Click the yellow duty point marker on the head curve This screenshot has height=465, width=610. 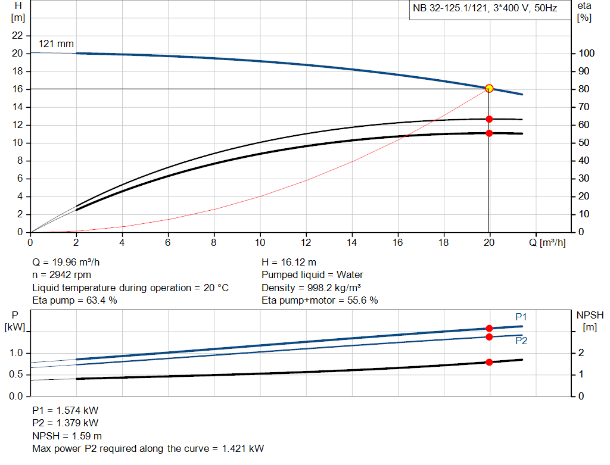pyautogui.click(x=489, y=88)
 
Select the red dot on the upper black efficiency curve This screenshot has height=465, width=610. pyautogui.click(x=489, y=119)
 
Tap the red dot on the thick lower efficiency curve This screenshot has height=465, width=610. pyautogui.click(x=489, y=133)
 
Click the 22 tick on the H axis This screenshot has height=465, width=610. pyautogui.click(x=17, y=36)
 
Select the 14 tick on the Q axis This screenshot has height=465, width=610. pyautogui.click(x=351, y=242)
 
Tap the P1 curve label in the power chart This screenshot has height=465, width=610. pyautogui.click(x=521, y=317)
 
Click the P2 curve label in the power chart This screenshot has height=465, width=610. pyautogui.click(x=521, y=341)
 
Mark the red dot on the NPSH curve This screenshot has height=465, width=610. pyautogui.click(x=489, y=362)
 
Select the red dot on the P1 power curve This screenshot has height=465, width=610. pyautogui.click(x=489, y=328)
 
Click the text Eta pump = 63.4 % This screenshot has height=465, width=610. pyautogui.click(x=74, y=300)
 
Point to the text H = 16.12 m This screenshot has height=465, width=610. pyautogui.click(x=289, y=262)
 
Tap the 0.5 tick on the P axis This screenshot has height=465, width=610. pyautogui.click(x=16, y=375)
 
